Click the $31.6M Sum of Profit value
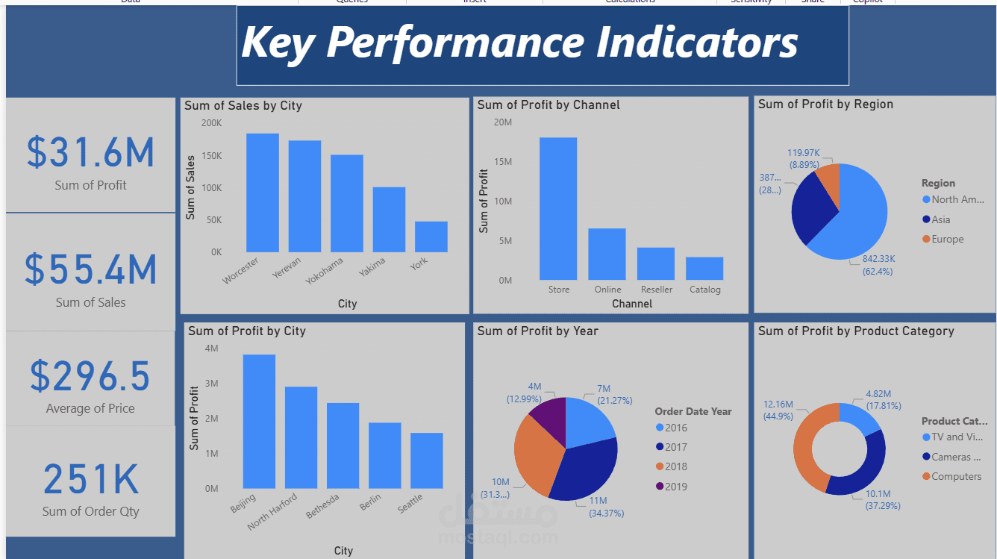[90, 152]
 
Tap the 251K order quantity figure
[90, 479]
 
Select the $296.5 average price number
[90, 376]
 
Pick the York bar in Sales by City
[431, 237]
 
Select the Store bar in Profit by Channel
[558, 208]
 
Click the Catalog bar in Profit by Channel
[704, 268]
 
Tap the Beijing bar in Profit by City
[259, 421]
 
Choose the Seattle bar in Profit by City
[426, 460]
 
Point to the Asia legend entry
[940, 219]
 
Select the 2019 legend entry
[675, 487]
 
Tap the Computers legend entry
[956, 476]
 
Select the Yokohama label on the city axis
[324, 272]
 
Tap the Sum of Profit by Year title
[537, 331]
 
